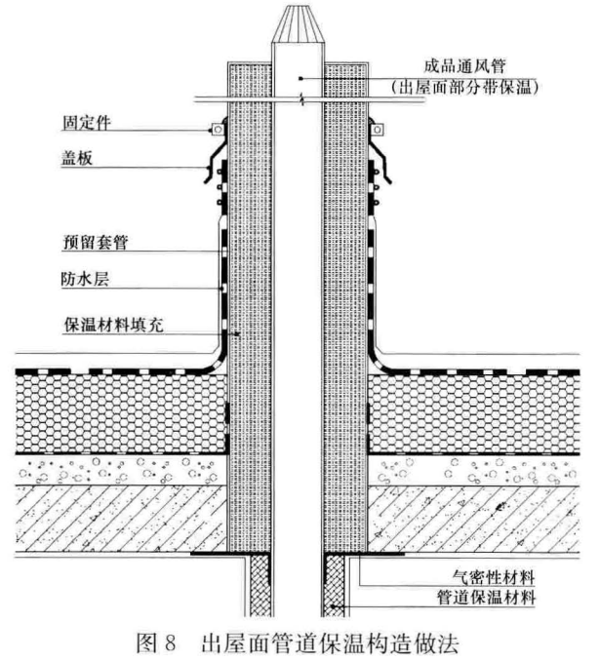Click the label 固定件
click(87, 123)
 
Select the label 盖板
click(77, 159)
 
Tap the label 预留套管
click(96, 242)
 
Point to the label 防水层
click(85, 279)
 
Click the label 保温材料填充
click(113, 325)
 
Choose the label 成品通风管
click(464, 66)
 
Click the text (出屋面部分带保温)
click(464, 88)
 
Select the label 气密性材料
click(494, 577)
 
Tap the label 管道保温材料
click(486, 598)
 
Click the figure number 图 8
click(156, 642)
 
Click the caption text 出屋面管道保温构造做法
click(330, 642)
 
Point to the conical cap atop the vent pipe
click(299, 24)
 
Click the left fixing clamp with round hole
click(218, 129)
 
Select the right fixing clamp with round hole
click(378, 129)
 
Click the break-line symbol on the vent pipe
click(301, 99)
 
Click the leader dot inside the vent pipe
click(300, 78)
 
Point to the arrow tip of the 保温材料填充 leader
click(239, 333)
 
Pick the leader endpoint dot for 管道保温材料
click(333, 606)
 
